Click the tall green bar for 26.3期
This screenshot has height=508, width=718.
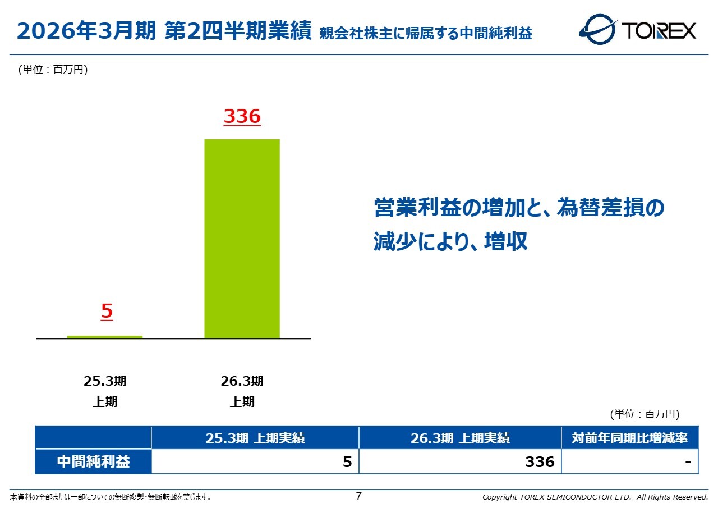click(242, 239)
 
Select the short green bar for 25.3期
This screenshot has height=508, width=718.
click(105, 337)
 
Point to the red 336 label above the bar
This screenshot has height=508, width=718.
click(242, 116)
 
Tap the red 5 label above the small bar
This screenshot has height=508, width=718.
click(107, 311)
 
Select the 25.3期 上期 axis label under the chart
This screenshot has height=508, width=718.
click(105, 391)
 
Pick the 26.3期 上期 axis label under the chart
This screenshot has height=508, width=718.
click(242, 391)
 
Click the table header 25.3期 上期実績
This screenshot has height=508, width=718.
click(255, 438)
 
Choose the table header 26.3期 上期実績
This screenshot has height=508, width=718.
click(460, 438)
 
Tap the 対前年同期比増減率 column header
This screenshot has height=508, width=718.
click(629, 438)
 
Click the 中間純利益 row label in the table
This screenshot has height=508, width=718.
click(93, 461)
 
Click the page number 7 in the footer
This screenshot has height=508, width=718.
click(359, 496)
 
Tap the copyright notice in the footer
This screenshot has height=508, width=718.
click(595, 497)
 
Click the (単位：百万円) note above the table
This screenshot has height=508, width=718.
click(645, 414)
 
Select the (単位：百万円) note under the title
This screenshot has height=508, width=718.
click(53, 70)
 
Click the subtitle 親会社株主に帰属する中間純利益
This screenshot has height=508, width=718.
click(426, 34)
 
